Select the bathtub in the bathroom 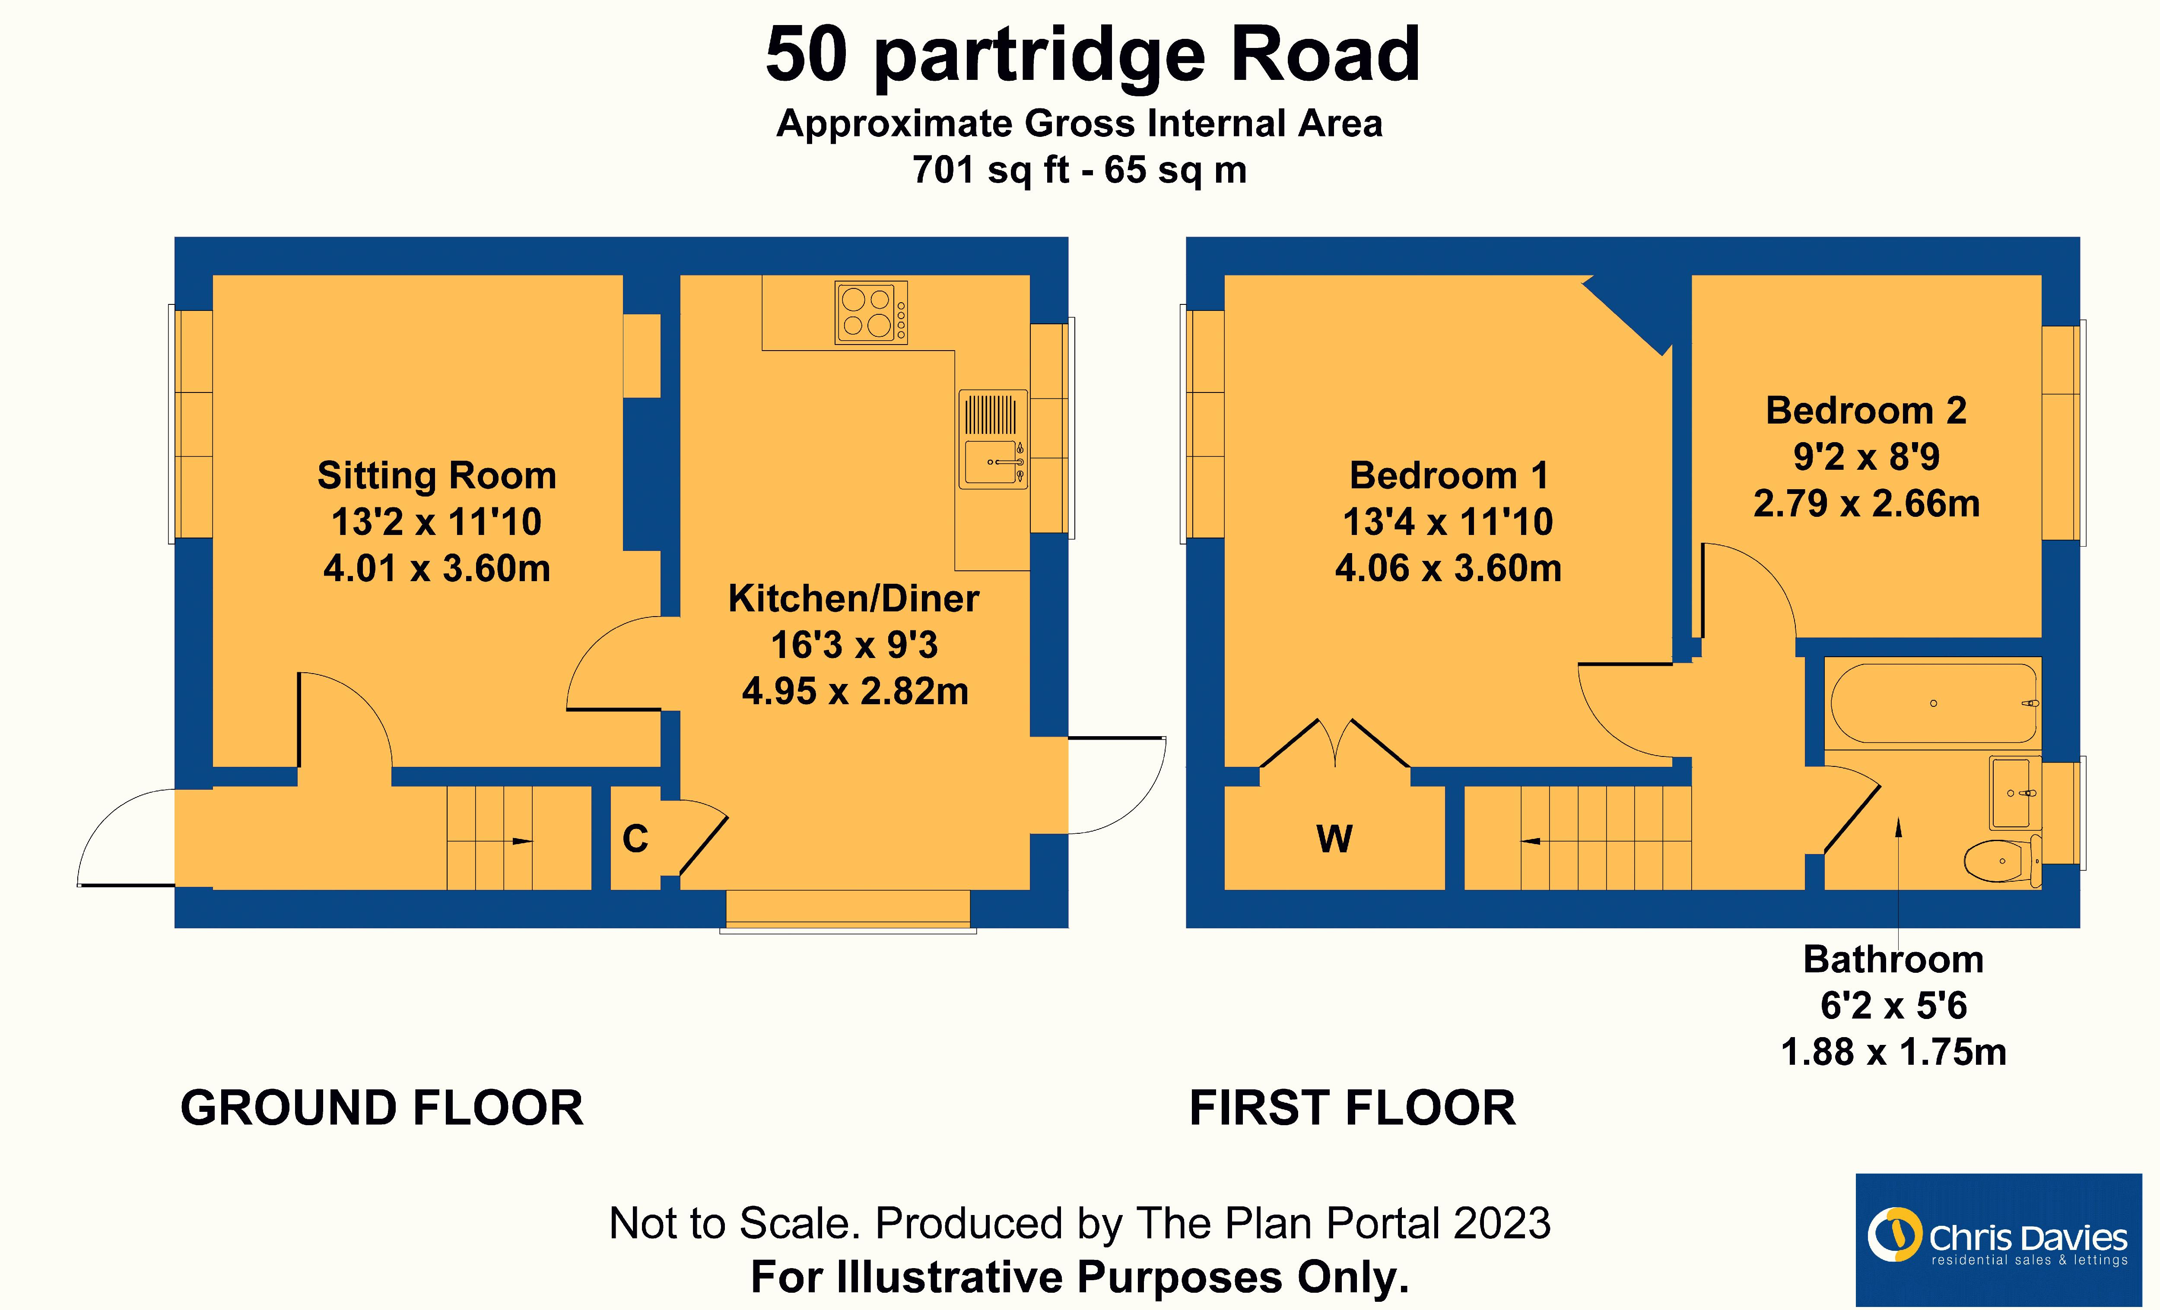tap(1933, 703)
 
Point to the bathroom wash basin tap(2014, 793)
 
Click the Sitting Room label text tap(437, 476)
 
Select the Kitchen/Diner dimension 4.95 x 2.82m tap(854, 691)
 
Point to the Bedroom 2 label tap(1865, 411)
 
